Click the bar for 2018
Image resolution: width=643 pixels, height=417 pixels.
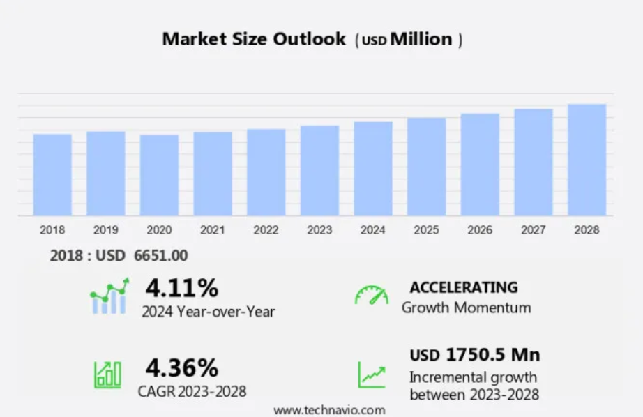[x=52, y=174]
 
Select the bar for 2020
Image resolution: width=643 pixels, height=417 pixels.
[x=159, y=174]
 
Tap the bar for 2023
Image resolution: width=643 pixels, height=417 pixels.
[x=319, y=170]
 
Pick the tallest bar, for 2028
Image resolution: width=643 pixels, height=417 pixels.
[x=587, y=160]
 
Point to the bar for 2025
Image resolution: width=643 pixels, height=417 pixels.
[x=426, y=166]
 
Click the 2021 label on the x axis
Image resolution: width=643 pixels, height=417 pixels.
[x=213, y=229]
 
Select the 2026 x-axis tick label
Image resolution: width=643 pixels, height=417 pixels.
[x=480, y=229]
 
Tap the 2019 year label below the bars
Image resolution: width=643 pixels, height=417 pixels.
[x=106, y=229]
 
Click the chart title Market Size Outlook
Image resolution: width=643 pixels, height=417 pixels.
[x=254, y=39]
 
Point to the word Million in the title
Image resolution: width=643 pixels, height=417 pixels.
[x=421, y=39]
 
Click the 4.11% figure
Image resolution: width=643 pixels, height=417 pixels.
[x=181, y=287]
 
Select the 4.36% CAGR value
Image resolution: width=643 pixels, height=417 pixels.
[x=181, y=367]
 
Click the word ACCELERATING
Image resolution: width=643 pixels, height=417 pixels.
[x=464, y=287]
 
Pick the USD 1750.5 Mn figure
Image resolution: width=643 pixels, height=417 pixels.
[x=475, y=354]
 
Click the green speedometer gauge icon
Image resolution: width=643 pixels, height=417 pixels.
[x=371, y=295]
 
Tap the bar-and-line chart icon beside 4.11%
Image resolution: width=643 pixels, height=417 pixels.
[x=109, y=296]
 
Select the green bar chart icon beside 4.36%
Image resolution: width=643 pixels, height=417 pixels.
[x=107, y=374]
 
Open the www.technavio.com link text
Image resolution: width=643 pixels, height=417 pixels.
[x=329, y=409]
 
